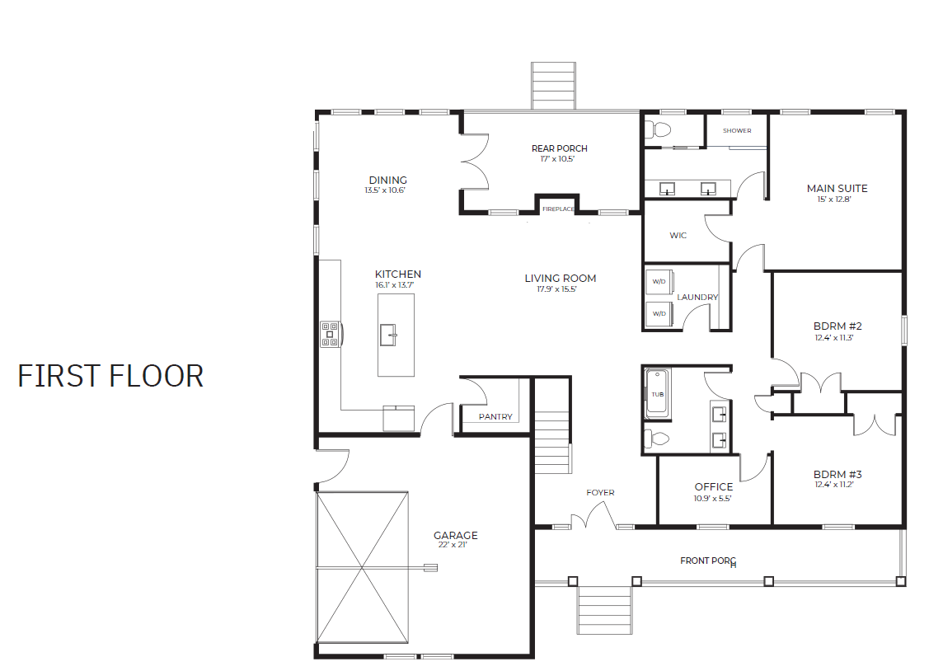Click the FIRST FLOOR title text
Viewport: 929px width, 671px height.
(110, 376)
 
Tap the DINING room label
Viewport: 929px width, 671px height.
(388, 180)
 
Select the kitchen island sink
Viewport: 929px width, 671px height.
(387, 335)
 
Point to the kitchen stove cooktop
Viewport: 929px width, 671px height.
(330, 334)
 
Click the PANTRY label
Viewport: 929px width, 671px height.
(495, 417)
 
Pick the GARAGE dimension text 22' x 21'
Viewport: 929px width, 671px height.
(453, 545)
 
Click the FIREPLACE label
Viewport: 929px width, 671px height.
(558, 209)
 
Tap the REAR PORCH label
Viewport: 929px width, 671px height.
(559, 148)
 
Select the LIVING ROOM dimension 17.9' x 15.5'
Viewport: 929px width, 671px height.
(557, 289)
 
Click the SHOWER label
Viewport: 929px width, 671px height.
(737, 131)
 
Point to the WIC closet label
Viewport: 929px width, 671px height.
(678, 236)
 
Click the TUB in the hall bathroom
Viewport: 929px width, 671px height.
(657, 394)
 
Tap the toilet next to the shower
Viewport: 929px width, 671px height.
(657, 129)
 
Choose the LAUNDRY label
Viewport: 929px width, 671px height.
(697, 298)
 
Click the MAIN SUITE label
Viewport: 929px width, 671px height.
(837, 188)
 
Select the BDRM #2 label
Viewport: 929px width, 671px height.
(838, 326)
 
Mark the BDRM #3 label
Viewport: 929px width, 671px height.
(838, 474)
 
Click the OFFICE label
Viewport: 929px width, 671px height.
(713, 487)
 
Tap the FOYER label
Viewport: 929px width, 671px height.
(600, 493)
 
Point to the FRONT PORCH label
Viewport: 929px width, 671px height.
(708, 561)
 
